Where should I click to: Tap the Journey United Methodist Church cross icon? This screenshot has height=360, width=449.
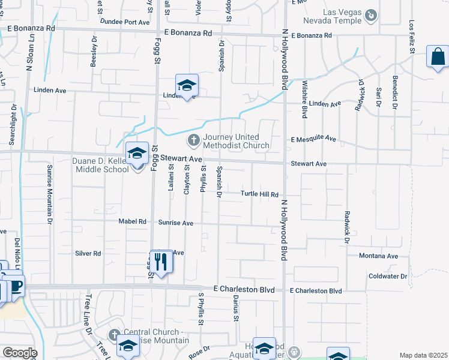coord(193,141)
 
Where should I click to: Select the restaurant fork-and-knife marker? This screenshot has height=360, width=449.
coord(160,262)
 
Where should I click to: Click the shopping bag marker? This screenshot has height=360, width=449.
coord(438,57)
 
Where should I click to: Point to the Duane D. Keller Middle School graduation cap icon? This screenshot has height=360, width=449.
coord(137,154)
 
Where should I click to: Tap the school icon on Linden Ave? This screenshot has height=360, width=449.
coord(187,86)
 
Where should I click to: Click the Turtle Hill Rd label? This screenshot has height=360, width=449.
coord(260,194)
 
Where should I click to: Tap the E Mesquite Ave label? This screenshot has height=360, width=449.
coord(313,139)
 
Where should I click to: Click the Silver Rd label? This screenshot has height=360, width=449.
coord(88,254)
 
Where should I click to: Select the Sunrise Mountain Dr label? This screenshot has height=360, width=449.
coord(50,191)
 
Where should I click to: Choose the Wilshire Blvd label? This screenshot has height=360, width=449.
coord(305,98)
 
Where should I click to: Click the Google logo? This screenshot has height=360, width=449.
coord(20,353)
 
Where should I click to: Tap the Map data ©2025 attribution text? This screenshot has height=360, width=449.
coord(423,355)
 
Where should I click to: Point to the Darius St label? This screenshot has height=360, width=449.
coord(237,311)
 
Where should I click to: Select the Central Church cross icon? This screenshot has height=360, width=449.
coord(115,334)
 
